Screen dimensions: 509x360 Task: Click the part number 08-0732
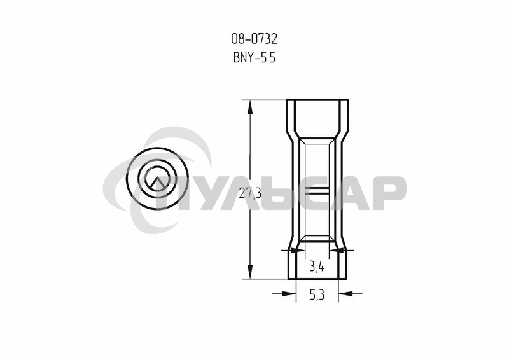(254, 39)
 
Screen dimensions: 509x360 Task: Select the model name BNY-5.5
(254, 58)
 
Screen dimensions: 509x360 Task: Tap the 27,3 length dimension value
(250, 193)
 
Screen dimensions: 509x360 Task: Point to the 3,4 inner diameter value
(316, 267)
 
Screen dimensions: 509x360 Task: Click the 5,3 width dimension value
(317, 295)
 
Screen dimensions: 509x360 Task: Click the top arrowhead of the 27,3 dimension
(250, 107)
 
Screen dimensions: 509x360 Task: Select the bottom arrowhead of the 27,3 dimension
(250, 272)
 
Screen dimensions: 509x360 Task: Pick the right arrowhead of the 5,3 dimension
(345, 293)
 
